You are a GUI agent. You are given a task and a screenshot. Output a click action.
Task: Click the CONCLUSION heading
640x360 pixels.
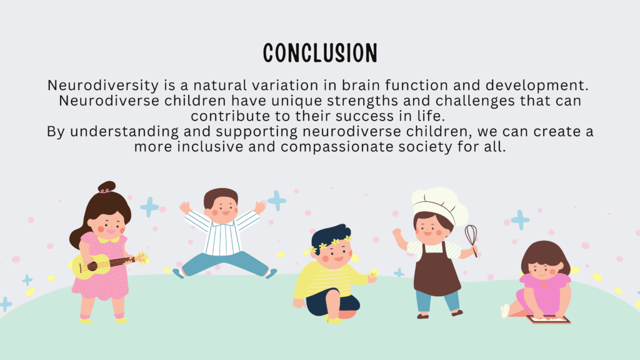click(x=320, y=53)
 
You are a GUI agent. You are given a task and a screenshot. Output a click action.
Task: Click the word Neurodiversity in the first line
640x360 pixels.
click(x=103, y=85)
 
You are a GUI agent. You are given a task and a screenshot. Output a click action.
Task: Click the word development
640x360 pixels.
click(x=537, y=85)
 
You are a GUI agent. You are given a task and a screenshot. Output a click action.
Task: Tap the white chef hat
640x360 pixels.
click(x=439, y=205)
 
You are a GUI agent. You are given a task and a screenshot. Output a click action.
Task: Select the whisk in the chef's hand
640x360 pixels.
click(x=471, y=239)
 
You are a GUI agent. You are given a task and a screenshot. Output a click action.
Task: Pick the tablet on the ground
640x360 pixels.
click(x=549, y=319)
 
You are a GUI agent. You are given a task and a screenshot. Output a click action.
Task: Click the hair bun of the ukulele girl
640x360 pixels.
click(x=106, y=187)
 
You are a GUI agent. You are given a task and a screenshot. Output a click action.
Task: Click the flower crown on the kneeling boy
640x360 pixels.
click(x=331, y=244)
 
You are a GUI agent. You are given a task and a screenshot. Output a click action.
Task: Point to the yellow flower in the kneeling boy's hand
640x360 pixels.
click(x=374, y=273)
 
